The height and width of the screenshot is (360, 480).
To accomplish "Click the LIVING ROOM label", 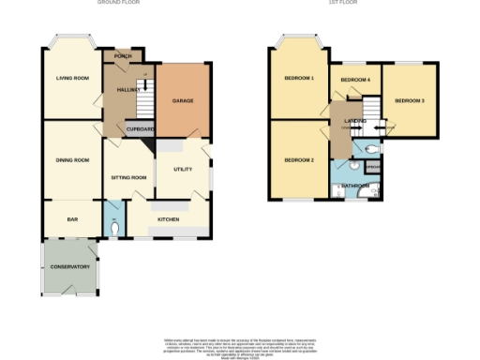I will click(x=71, y=79).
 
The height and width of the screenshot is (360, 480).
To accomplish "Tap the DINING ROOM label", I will click(x=71, y=159).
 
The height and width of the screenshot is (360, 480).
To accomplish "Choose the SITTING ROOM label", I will click(x=129, y=177).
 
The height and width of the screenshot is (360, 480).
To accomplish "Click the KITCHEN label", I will click(x=169, y=219).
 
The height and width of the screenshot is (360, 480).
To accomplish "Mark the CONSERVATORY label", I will click(x=70, y=267).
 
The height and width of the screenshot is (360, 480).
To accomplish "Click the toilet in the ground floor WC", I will click(x=114, y=226).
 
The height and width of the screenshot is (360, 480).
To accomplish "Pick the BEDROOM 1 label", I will click(x=299, y=78).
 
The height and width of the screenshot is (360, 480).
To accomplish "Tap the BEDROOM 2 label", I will click(x=299, y=159).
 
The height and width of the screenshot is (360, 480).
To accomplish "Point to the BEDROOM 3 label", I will click(x=410, y=99).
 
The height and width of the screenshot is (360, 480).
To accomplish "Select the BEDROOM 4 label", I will click(x=355, y=81).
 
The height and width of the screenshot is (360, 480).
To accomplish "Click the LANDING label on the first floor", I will click(x=354, y=121).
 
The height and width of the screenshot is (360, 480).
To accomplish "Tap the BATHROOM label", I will click(x=354, y=186).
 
